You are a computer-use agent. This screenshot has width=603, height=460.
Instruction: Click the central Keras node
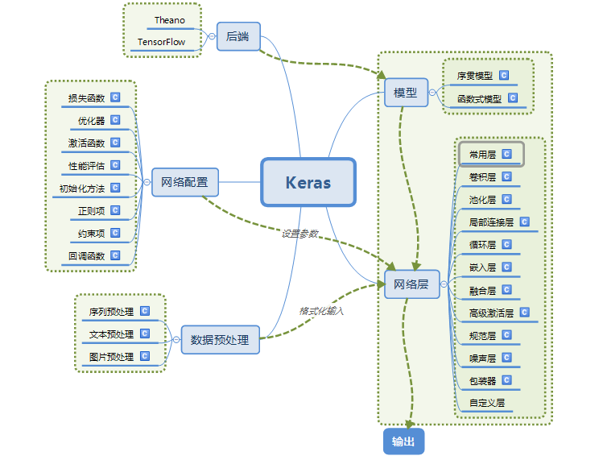tap(308, 182)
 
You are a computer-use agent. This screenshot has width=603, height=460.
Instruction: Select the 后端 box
tap(238, 35)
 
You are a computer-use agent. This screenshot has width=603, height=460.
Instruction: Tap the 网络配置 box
tap(184, 182)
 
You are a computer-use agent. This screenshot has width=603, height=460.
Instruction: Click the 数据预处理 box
tap(220, 339)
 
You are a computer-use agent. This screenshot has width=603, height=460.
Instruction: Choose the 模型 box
tap(405, 93)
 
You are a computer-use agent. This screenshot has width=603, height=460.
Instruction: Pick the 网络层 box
tap(411, 284)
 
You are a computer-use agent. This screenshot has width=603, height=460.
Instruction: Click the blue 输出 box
tap(403, 441)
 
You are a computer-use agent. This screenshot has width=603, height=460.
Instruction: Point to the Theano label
tap(170, 19)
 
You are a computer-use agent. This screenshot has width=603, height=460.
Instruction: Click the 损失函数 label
tap(86, 98)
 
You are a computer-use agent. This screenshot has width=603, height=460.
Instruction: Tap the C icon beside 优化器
tap(115, 120)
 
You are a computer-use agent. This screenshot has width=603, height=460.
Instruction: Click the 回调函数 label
tap(86, 256)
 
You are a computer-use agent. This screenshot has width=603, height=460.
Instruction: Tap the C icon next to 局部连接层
tap(524, 222)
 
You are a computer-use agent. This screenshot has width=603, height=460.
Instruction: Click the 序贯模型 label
tap(474, 76)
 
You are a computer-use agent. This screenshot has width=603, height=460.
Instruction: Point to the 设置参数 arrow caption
tap(299, 234)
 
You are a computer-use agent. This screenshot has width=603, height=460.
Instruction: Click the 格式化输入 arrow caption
tap(321, 310)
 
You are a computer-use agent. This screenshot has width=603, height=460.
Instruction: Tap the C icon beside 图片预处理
tap(145, 355)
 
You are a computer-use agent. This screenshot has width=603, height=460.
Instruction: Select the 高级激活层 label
tap(490, 313)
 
